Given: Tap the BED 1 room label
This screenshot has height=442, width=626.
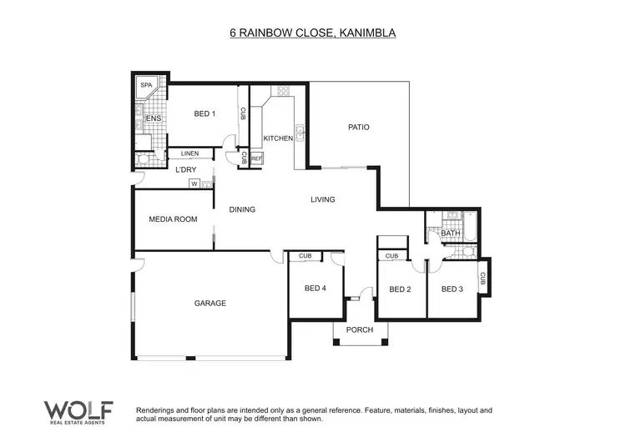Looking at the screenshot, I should pos(204,114).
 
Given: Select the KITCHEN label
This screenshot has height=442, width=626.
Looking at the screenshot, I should pos(278,138).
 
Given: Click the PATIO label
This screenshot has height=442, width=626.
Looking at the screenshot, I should pos(358,127).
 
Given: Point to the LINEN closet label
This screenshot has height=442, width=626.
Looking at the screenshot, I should pos(189,154).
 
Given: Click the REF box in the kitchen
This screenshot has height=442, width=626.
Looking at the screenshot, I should pos(256,158).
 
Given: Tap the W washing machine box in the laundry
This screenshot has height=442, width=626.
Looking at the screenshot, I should pos(194,183).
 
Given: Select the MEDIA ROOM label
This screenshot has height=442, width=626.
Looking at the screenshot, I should pos(173,219).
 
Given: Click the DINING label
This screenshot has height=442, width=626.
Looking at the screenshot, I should pos(242,209).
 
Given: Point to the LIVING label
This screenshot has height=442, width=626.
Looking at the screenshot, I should pos(322,199).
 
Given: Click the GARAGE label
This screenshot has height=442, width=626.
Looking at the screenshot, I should pos(210,303).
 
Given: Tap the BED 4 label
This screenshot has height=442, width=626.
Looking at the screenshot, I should pos(316,289).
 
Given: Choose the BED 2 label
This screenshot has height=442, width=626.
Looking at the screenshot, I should pos(401,289).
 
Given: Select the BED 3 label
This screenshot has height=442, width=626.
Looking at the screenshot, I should pos(452,289).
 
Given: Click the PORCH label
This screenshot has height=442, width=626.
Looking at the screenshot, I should pos(360,329).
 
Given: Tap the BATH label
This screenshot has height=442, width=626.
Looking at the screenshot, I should pos(451,234).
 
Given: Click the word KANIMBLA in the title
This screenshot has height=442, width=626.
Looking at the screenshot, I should pos(361,33).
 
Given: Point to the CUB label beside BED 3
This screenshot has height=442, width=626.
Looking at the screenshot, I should pos(483,278).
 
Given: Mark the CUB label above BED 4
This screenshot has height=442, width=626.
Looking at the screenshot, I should pos(305,256).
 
